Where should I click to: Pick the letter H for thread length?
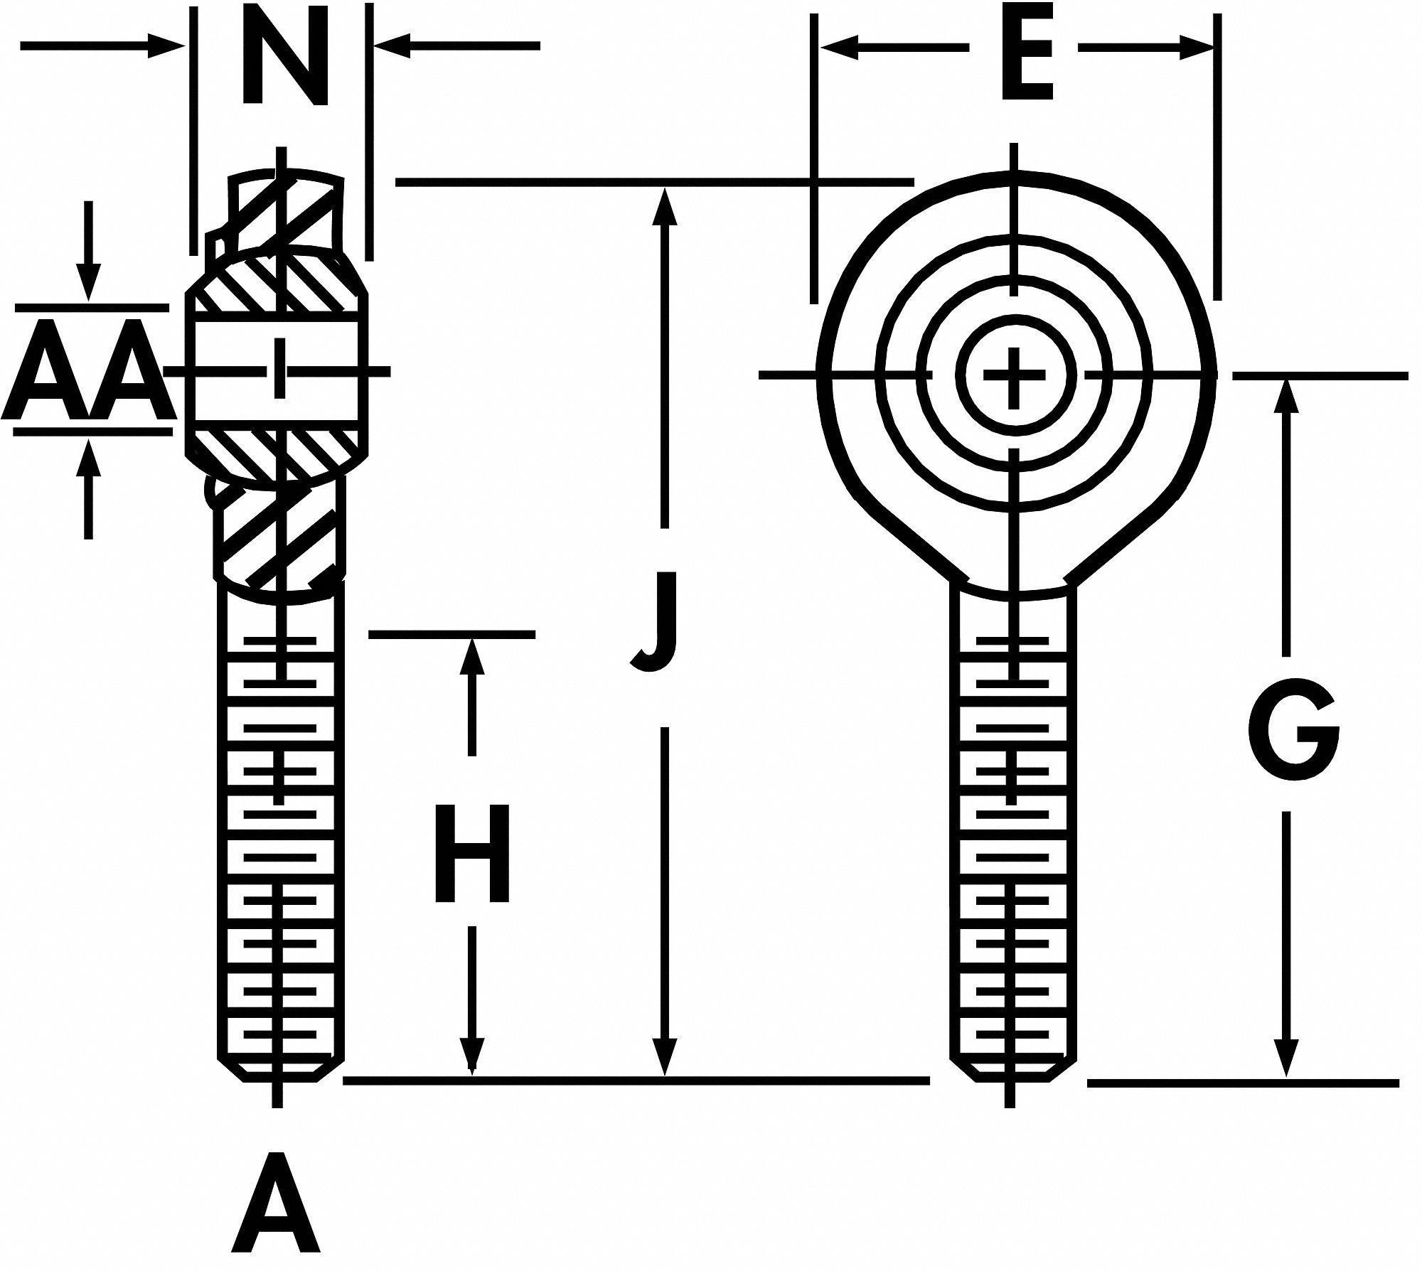point(472,853)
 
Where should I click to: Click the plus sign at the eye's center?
point(1015,375)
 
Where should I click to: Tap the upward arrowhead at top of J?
point(664,206)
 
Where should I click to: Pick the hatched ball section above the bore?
point(277,284)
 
